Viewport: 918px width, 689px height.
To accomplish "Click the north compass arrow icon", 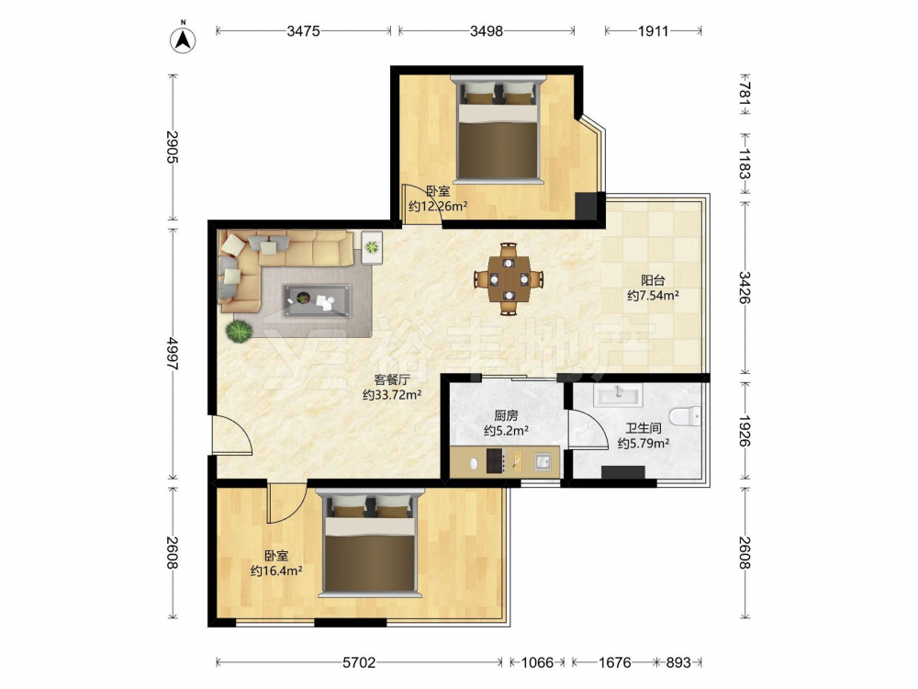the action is click(x=183, y=39).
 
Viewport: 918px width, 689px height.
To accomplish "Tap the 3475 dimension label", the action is click(x=303, y=31).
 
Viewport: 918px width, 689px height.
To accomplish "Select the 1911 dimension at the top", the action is click(x=653, y=31).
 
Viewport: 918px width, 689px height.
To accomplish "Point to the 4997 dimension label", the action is click(x=173, y=354).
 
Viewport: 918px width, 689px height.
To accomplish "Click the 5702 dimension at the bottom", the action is click(x=359, y=662).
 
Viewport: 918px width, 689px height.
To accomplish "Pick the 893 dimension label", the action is click(x=678, y=662).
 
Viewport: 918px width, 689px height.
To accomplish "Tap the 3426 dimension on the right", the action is click(x=744, y=287).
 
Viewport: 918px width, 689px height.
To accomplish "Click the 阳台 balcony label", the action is click(x=653, y=280).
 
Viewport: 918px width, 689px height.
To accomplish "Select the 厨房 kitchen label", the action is click(x=507, y=415).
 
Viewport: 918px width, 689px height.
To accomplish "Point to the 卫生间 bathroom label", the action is click(x=644, y=428).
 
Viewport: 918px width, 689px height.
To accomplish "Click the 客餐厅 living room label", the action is click(x=392, y=379).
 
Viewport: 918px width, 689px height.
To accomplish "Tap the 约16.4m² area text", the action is click(x=276, y=570).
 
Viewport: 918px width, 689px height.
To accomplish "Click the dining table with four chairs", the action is click(x=509, y=279).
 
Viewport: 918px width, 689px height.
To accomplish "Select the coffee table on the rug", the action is click(x=318, y=300).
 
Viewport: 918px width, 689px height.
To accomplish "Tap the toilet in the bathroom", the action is click(x=685, y=416).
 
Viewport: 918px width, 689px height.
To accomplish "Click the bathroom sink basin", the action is click(x=618, y=394).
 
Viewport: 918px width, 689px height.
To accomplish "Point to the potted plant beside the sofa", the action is click(x=240, y=331).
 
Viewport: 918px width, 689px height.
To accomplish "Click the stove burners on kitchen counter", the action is click(x=496, y=460).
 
